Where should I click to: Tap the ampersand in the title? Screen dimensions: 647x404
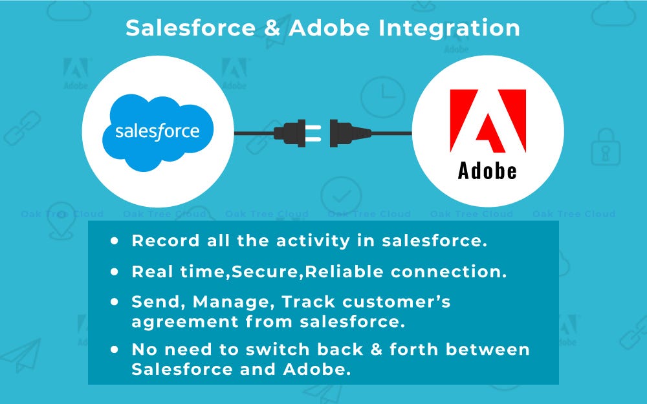272,28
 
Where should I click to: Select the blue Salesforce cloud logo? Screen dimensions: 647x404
158,133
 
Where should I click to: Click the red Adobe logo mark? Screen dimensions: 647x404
488,121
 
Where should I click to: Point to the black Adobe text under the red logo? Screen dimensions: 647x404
487,171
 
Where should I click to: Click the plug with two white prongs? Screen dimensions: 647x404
298,133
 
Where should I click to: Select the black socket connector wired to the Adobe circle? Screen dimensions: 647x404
351,133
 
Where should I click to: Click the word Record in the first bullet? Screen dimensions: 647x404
166,240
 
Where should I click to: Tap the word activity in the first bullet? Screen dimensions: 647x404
313,241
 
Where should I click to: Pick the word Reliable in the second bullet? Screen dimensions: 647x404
345,271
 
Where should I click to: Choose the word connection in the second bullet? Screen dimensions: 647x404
448,271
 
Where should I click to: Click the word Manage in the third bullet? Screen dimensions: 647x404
234,302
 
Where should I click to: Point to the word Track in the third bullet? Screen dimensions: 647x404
308,302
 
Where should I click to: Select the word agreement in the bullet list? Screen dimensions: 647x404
185,323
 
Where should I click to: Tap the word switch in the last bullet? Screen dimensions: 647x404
278,350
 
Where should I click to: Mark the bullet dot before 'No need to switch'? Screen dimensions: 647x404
115,350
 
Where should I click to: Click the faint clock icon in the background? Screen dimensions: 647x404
382,98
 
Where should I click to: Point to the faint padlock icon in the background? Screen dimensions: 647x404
606,147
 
